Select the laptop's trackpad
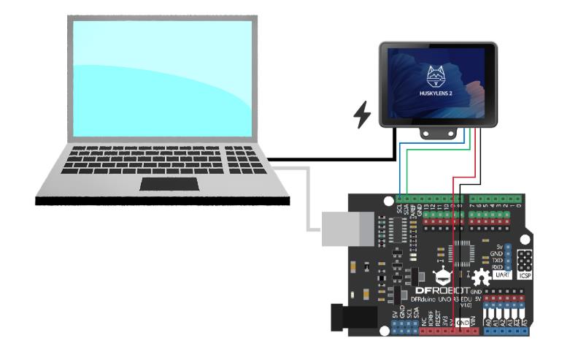pyautogui.click(x=170, y=183)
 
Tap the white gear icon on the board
pyautogui.click(x=480, y=278)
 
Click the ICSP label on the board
pyautogui.click(x=525, y=277)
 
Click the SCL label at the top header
pyautogui.click(x=399, y=209)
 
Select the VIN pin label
pyautogui.click(x=474, y=321)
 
